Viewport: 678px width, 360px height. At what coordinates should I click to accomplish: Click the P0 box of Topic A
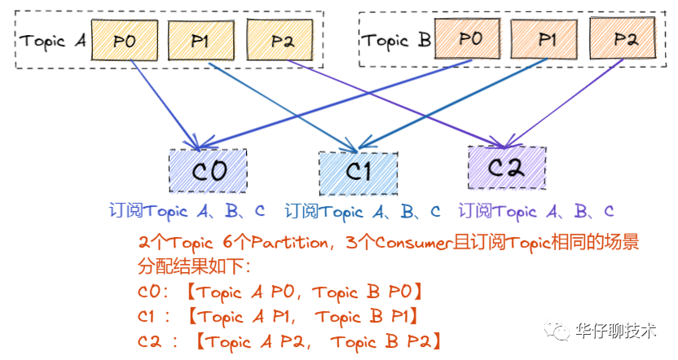pyautogui.click(x=124, y=39)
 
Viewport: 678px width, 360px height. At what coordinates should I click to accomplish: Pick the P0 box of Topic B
pyautogui.click(x=469, y=39)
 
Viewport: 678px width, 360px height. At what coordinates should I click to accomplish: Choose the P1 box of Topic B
pyautogui.click(x=547, y=39)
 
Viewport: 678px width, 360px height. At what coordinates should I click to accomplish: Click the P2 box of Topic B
pyautogui.click(x=624, y=39)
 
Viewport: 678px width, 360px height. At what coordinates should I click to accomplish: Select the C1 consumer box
pyautogui.click(x=358, y=172)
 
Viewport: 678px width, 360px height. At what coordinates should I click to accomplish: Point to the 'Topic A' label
pyautogui.click(x=52, y=40)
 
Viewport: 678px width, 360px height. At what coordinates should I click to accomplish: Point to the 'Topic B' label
pyautogui.click(x=396, y=40)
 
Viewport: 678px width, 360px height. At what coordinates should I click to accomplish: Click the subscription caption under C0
pyautogui.click(x=187, y=212)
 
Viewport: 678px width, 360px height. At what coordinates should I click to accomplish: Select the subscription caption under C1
pyautogui.click(x=362, y=212)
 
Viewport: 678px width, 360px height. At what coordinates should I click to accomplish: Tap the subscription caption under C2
pyautogui.click(x=535, y=212)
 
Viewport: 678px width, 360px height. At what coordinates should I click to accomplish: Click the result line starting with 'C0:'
pyautogui.click(x=280, y=292)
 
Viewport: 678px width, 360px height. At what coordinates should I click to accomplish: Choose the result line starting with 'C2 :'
pyautogui.click(x=290, y=340)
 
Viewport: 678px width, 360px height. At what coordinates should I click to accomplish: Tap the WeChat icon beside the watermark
pyautogui.click(x=561, y=331)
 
